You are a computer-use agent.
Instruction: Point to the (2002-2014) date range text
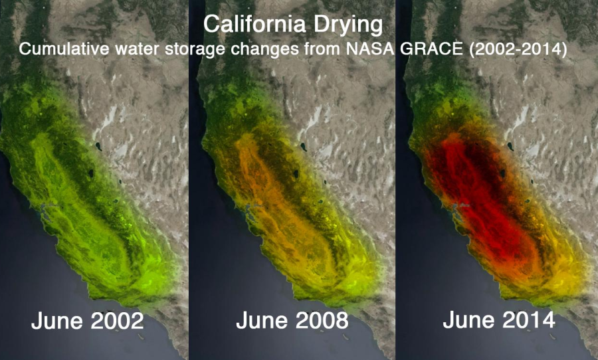tap(518, 49)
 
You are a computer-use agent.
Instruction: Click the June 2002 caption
tap(87, 321)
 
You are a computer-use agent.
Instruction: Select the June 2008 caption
tap(292, 320)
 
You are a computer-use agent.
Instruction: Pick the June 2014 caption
tap(499, 319)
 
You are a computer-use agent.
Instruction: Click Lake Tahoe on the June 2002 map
tap(91, 174)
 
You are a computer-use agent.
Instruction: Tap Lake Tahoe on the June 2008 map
tap(296, 174)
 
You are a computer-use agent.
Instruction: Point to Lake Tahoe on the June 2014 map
tap(502, 174)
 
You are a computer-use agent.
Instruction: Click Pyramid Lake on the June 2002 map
tap(98, 146)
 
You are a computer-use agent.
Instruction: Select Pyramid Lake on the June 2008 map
tap(303, 146)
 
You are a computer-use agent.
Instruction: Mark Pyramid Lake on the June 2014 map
tap(510, 145)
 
